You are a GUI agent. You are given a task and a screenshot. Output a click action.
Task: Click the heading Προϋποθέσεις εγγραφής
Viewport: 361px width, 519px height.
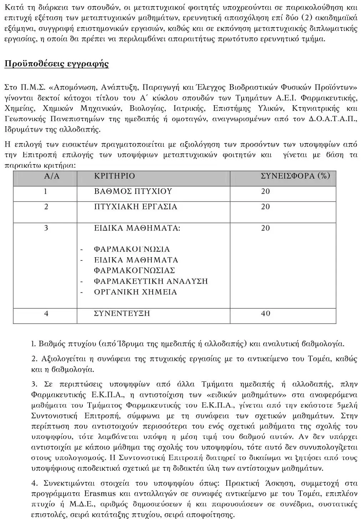pos(56,64)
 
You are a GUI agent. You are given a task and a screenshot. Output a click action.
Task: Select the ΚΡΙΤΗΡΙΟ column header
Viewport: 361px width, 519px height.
pos(115,176)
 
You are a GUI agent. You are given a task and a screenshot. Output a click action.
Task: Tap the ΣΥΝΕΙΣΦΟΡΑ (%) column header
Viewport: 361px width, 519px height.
pos(295,176)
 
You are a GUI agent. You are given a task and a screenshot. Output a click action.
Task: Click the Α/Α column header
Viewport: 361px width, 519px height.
pos(52,176)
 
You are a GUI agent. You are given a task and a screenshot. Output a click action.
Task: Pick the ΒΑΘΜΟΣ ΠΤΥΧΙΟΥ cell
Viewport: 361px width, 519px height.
pos(133,192)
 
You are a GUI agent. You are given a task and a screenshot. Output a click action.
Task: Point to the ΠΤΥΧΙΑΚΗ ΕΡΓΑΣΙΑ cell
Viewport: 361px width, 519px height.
pos(136,207)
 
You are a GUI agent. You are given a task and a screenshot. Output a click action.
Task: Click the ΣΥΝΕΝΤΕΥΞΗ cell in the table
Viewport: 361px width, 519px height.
pos(122,314)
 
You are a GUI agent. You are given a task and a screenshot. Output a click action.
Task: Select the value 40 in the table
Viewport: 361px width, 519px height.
pos(266,314)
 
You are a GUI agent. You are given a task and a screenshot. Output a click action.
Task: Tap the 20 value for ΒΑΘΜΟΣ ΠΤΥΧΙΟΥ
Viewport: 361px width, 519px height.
pos(266,192)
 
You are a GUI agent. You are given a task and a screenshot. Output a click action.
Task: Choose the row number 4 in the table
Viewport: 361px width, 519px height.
pos(46,314)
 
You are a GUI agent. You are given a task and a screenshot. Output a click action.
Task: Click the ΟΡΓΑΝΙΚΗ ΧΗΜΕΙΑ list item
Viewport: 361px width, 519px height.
pos(135,292)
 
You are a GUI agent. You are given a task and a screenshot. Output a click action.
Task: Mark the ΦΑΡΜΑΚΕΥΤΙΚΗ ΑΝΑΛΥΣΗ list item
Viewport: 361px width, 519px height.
pos(151,281)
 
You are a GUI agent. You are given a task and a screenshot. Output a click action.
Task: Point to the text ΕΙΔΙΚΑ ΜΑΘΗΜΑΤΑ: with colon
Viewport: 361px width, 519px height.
pos(137,228)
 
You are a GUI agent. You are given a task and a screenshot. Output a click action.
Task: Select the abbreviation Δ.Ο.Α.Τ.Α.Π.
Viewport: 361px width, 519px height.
pos(332,119)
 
